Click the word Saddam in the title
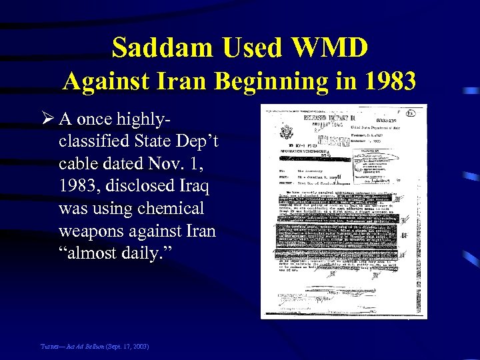tap(163, 48)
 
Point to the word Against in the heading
tap(101, 81)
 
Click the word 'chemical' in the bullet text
tap(171, 208)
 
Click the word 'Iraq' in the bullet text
tap(194, 186)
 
